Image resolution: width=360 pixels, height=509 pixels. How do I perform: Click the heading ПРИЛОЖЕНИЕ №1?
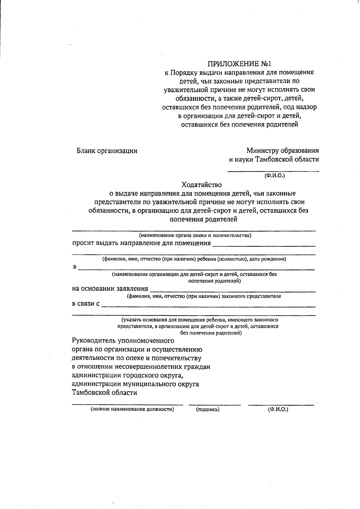click(239, 64)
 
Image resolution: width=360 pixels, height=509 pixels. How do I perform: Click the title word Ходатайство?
click(201, 184)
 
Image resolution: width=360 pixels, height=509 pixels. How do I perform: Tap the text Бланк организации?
click(107, 151)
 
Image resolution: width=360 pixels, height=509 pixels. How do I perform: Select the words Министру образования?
click(282, 151)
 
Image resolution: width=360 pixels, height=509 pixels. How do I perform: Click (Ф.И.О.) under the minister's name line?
click(274, 175)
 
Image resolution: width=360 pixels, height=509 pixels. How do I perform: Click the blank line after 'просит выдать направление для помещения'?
click(264, 246)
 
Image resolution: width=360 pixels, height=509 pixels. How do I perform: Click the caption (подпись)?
click(208, 409)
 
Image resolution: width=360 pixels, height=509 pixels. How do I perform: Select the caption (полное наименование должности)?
click(133, 409)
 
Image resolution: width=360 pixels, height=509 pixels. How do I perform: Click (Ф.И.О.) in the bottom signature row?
click(278, 409)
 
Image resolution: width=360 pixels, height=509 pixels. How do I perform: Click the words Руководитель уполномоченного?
click(123, 341)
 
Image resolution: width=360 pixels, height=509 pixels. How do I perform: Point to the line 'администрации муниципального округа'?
click(135, 384)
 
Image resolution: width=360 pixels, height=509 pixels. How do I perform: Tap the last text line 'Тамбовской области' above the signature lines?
click(104, 393)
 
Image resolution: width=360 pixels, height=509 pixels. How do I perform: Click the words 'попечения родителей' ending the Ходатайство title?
click(203, 219)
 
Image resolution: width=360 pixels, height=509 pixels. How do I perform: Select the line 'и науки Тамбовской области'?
click(274, 159)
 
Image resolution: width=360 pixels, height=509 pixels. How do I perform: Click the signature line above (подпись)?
click(214, 405)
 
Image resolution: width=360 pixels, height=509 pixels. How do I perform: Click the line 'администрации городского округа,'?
click(127, 375)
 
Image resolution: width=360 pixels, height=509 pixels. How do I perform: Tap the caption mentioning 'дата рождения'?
click(194, 259)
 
